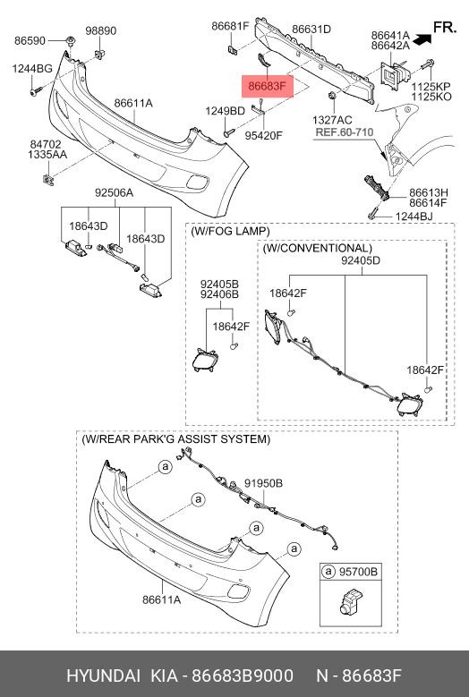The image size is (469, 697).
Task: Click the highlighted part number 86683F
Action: coord(268,86)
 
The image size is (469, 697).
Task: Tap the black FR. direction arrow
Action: coord(422,39)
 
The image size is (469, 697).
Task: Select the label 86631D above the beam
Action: coord(311,30)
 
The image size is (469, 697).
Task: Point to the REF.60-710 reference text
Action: coord(345,132)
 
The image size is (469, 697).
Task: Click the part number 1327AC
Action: coord(332,120)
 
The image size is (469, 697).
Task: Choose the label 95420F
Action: coord(264,135)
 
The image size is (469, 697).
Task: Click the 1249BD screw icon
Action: coord(229,132)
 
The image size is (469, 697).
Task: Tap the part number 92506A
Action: coord(114,193)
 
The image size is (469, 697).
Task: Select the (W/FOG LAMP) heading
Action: coord(230,231)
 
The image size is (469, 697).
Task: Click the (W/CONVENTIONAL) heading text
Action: coord(318,248)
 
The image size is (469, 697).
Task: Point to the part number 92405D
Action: coord(361,260)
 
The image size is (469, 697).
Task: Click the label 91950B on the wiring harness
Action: coord(263,483)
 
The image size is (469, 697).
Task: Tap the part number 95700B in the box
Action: coord(358,571)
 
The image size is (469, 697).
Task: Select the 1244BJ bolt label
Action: coord(414,217)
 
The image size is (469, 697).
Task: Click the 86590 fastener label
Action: coord(30,40)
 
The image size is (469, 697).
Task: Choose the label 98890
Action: coord(101,30)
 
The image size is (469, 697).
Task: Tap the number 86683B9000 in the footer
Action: coord(243,676)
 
